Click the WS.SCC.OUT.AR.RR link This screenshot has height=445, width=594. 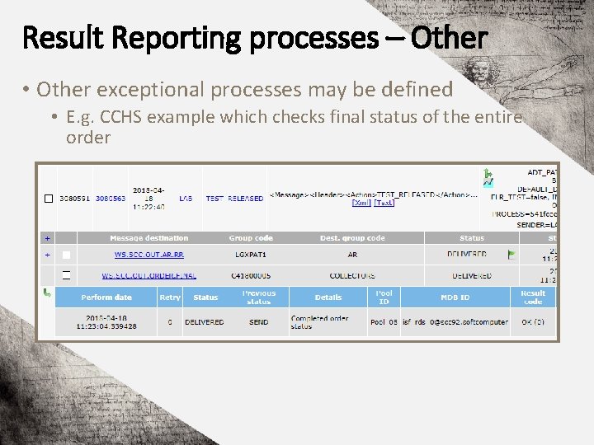[148, 255]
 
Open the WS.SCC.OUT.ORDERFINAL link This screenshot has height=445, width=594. [148, 275]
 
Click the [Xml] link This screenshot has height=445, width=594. [361, 203]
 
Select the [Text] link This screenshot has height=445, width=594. [384, 203]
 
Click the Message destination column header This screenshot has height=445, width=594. [148, 238]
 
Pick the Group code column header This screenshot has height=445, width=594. [251, 238]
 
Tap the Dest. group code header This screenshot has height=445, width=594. [352, 238]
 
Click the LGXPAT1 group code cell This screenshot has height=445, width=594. [251, 255]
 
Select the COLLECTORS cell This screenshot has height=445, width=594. [352, 275]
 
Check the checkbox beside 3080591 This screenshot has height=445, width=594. [49, 199]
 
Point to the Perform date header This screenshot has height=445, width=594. [106, 297]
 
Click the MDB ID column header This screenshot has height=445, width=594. [455, 297]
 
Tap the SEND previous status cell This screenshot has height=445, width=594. [258, 322]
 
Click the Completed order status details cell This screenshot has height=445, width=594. [313, 322]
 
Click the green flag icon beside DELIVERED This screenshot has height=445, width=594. [512, 255]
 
